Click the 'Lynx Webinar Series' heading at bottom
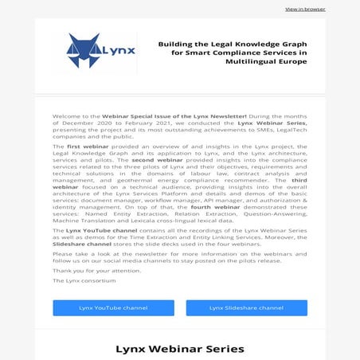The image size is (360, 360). pos(179,349)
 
